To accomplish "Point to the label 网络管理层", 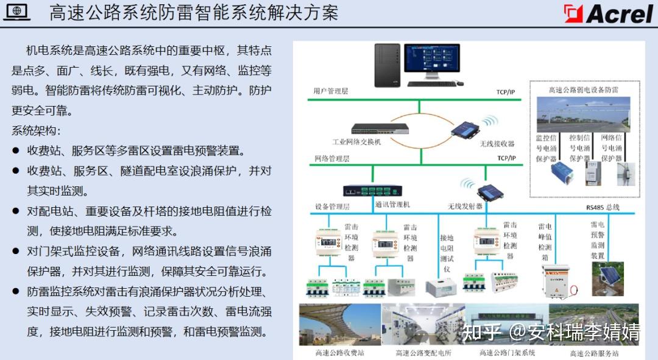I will click(x=331, y=158).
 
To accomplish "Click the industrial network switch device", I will click(x=380, y=129).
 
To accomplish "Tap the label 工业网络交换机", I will click(x=356, y=142).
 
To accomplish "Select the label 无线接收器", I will click(x=497, y=144).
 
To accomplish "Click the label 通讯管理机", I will click(x=393, y=205).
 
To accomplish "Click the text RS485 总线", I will click(x=603, y=207).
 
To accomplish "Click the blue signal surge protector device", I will click(x=557, y=173).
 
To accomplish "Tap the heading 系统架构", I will click(x=37, y=130).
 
